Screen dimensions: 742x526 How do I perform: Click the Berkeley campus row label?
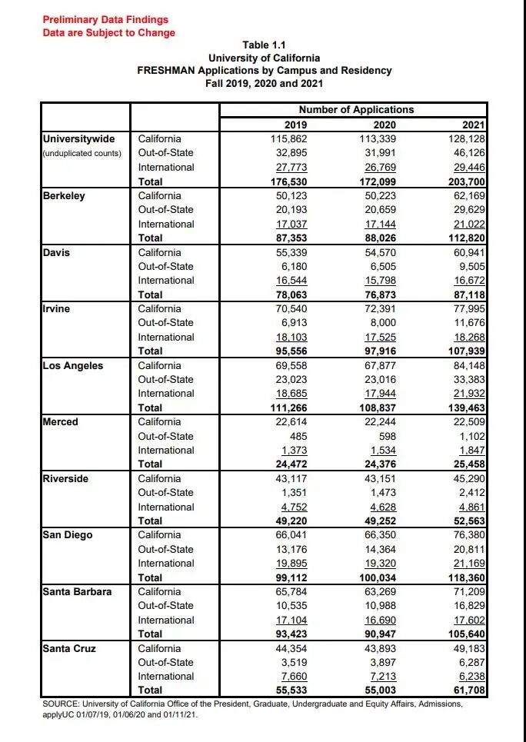click(x=65, y=195)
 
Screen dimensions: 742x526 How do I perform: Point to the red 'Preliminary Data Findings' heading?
click(x=105, y=19)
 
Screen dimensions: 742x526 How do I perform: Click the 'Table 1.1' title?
click(x=264, y=45)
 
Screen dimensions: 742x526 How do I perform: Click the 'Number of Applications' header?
click(x=356, y=110)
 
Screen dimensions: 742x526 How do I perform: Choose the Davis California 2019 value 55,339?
click(x=288, y=252)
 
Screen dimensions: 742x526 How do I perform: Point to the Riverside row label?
click(x=66, y=478)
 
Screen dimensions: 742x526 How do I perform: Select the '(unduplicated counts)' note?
click(x=82, y=153)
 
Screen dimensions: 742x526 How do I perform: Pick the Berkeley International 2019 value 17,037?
click(x=288, y=224)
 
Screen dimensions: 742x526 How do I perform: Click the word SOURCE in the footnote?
click(x=64, y=704)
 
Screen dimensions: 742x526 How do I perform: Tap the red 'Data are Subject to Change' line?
click(x=108, y=32)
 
